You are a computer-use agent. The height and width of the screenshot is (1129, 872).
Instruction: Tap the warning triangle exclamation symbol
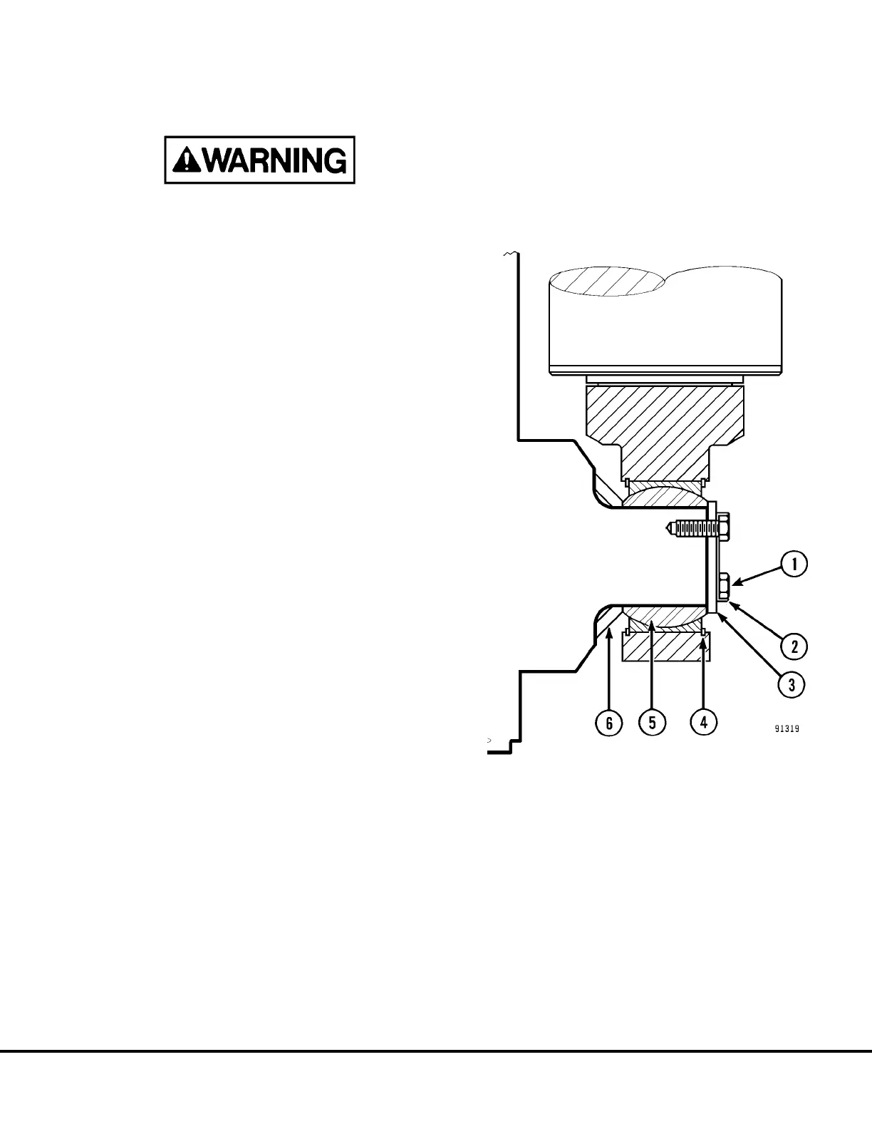pos(186,160)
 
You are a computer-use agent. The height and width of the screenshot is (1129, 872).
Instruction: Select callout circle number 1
pos(794,564)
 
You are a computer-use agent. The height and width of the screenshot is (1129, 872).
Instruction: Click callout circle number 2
pos(794,646)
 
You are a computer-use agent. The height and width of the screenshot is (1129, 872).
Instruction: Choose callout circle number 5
pos(652,722)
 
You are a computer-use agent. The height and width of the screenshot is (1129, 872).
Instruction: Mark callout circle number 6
pos(609,722)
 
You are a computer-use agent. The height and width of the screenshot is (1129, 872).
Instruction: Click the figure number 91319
pos(787,729)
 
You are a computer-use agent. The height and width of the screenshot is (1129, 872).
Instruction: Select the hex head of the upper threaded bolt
pos(723,527)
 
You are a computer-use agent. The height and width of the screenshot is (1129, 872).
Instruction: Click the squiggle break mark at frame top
pos(509,254)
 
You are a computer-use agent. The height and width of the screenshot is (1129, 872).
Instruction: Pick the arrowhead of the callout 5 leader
pos(652,623)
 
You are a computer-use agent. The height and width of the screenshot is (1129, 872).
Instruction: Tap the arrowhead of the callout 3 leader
pos(718,614)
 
